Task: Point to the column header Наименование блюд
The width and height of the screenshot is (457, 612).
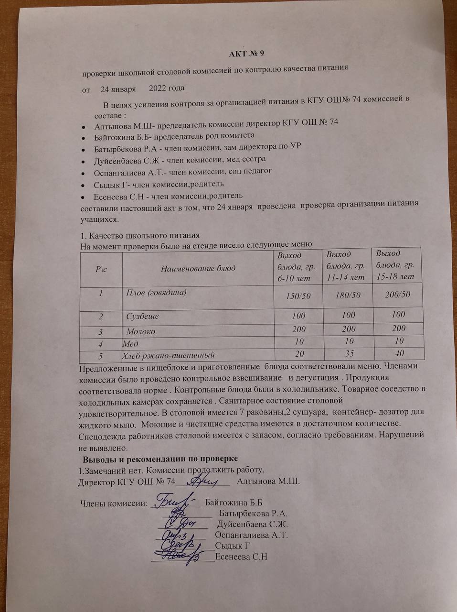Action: click(198, 268)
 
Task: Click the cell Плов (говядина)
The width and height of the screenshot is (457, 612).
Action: click(156, 292)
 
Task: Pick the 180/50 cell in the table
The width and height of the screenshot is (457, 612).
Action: click(348, 295)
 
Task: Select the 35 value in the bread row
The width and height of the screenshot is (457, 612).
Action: click(348, 354)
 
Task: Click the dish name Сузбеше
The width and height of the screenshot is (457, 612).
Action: click(142, 317)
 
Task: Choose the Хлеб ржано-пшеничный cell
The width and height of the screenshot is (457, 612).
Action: click(168, 355)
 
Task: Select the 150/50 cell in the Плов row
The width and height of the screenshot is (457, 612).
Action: click(298, 296)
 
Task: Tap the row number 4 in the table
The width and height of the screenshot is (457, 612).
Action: click(101, 343)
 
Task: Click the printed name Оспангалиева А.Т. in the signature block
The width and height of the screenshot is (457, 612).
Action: click(252, 535)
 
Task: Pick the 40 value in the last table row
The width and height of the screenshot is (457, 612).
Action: click(400, 353)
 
